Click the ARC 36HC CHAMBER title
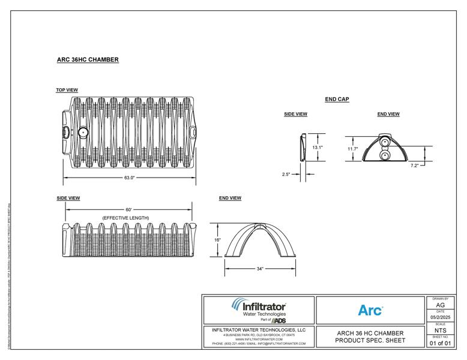(x=87, y=60)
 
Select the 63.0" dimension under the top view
(x=129, y=178)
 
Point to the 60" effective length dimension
(x=128, y=209)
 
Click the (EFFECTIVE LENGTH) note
(x=125, y=217)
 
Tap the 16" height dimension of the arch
(x=217, y=240)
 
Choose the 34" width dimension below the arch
(x=260, y=269)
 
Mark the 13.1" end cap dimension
(x=318, y=147)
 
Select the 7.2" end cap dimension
(x=414, y=166)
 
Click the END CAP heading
(x=337, y=100)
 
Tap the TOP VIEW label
(x=67, y=91)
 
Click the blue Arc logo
(x=370, y=310)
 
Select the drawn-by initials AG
(x=440, y=305)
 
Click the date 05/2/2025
(x=440, y=317)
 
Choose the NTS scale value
(x=440, y=330)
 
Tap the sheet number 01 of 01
(x=440, y=343)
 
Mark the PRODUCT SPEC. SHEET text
(x=370, y=341)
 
